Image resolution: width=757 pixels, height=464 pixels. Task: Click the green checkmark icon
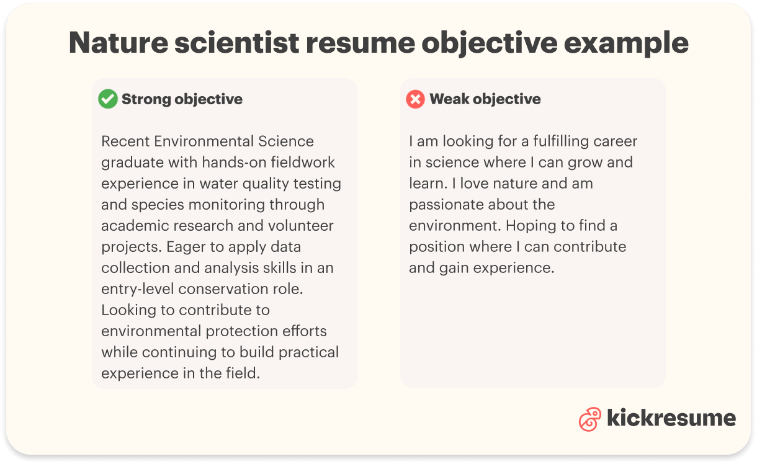[108, 99]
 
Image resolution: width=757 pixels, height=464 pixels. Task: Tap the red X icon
[415, 99]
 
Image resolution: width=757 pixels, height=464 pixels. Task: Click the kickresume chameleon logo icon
[589, 419]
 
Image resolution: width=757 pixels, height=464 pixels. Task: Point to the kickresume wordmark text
[671, 417]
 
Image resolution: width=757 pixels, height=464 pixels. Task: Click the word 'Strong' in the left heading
[146, 99]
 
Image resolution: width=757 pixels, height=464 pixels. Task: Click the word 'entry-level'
[138, 289]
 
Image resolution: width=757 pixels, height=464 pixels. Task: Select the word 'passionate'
[447, 205]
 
